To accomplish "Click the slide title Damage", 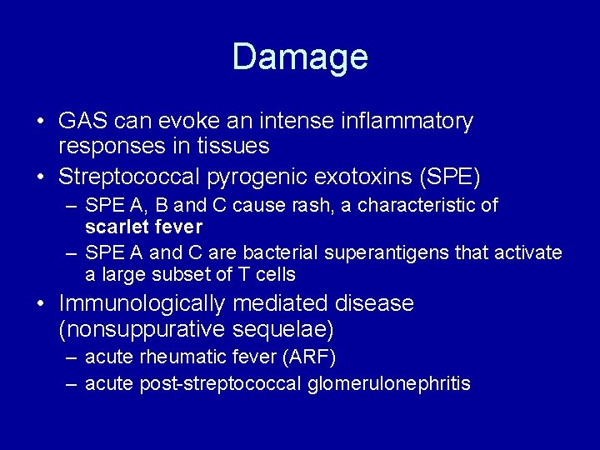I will click(300, 57).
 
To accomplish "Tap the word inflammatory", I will click(407, 122).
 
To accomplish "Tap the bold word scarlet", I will click(114, 227).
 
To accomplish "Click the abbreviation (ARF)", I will click(309, 357).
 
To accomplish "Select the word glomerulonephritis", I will click(389, 384).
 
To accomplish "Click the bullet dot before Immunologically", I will click(41, 304).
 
